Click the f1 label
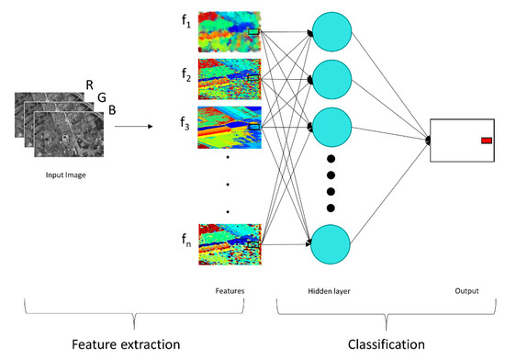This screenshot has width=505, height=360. pyautogui.click(x=187, y=28)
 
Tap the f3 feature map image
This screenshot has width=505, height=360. pyautogui.click(x=230, y=129)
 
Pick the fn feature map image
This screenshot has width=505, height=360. pyautogui.click(x=230, y=238)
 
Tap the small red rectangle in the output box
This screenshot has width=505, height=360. pyautogui.click(x=487, y=141)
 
